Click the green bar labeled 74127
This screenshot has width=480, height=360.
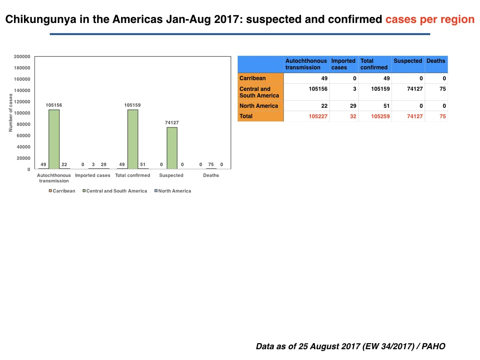pos(172,148)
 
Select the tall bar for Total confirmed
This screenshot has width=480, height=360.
pos(133,139)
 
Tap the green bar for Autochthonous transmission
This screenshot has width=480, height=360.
pos(54,139)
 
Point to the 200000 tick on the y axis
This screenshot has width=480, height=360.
pos(22,57)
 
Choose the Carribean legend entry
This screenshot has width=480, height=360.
pos(62,191)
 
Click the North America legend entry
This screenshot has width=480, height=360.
pos(172,191)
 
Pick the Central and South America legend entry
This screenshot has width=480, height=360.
pos(115,191)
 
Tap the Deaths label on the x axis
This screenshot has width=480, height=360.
pos(211,175)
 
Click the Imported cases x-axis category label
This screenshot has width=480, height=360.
pos(92,175)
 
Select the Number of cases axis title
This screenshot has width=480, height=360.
pos(11,112)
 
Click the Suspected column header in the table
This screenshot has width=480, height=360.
pos(408,61)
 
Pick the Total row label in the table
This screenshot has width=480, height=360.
pos(246,116)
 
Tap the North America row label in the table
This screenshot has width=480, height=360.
pos(259,106)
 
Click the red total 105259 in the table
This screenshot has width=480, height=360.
pos(380,116)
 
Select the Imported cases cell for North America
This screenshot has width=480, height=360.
pos(353,106)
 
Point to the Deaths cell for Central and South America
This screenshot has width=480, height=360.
pos(442,89)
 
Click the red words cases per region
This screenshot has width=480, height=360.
pos(430,19)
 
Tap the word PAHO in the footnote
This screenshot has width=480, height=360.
pos(433,346)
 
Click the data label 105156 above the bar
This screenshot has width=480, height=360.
pos(54,105)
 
